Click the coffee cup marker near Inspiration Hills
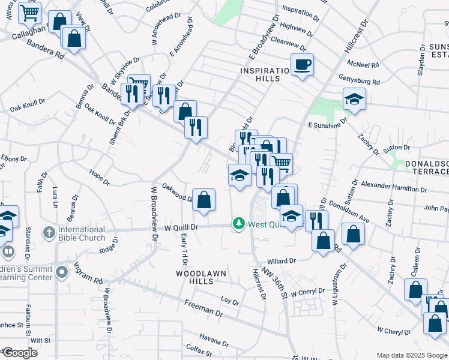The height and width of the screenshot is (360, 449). [302, 64]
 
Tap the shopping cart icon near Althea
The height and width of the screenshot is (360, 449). [29, 12]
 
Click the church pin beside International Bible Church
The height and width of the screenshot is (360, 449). [49, 232]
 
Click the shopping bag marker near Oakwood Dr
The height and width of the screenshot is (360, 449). [203, 199]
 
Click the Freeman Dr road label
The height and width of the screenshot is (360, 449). [203, 308]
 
